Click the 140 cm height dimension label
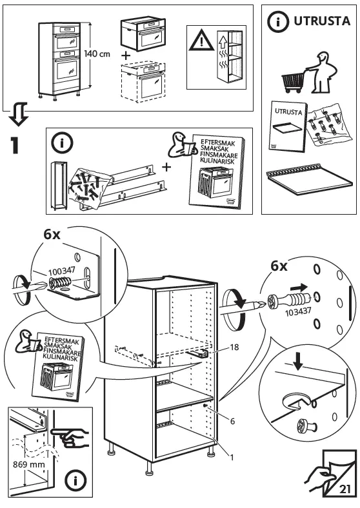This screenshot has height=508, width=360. (96, 54)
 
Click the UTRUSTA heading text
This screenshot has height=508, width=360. (322, 21)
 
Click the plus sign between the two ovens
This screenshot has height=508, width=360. (126, 56)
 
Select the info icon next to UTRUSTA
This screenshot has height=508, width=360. (278, 21)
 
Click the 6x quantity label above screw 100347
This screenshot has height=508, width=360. (53, 235)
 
